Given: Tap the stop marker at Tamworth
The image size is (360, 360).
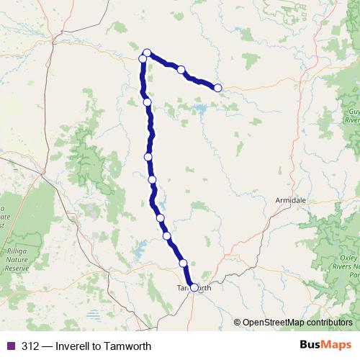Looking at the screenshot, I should tap(194, 287).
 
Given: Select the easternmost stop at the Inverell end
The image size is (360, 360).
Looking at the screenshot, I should tap(217, 88).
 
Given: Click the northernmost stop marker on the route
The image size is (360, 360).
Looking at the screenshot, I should tap(147, 52).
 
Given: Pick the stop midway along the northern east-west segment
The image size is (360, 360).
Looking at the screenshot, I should tap(181, 70).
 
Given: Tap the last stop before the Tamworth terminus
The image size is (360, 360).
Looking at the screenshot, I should tap(183, 263).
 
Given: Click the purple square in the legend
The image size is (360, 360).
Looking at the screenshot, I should tap(10, 346).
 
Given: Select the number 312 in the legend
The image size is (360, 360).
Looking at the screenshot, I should tap(30, 346).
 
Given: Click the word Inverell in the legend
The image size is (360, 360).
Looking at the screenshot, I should tap(74, 346).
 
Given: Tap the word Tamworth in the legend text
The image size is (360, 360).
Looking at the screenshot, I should tap(129, 346).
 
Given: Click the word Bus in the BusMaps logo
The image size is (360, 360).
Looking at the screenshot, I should tap(311, 345).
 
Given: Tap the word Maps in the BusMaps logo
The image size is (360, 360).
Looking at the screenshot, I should tap(336, 345).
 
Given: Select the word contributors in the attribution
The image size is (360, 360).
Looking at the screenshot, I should tap(330, 323).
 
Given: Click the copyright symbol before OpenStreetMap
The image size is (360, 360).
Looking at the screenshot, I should tap(238, 323).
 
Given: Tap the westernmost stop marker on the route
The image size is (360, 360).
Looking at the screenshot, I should tap(143, 58).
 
